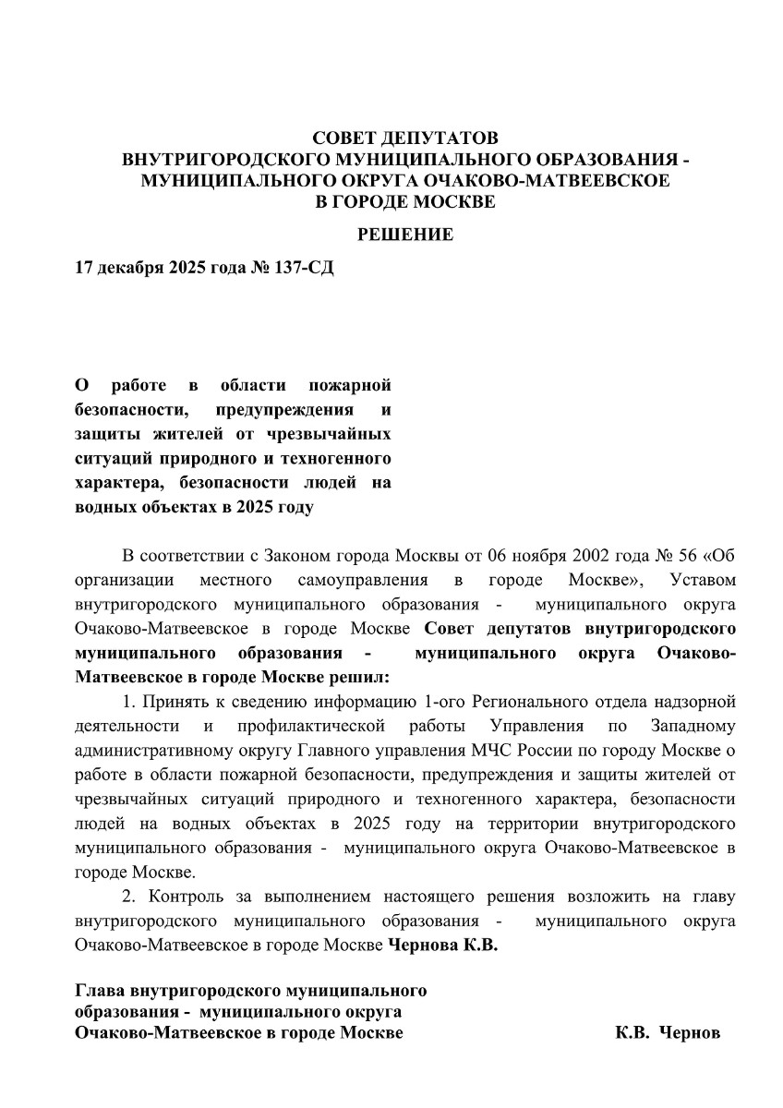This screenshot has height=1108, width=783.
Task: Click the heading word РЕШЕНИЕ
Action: click(x=405, y=235)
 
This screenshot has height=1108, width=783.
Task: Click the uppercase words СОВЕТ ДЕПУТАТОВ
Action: click(x=405, y=138)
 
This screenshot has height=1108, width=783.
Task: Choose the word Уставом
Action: click(x=704, y=580)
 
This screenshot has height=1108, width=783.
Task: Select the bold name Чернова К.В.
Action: click(x=442, y=944)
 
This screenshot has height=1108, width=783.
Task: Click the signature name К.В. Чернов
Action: click(x=668, y=1032)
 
